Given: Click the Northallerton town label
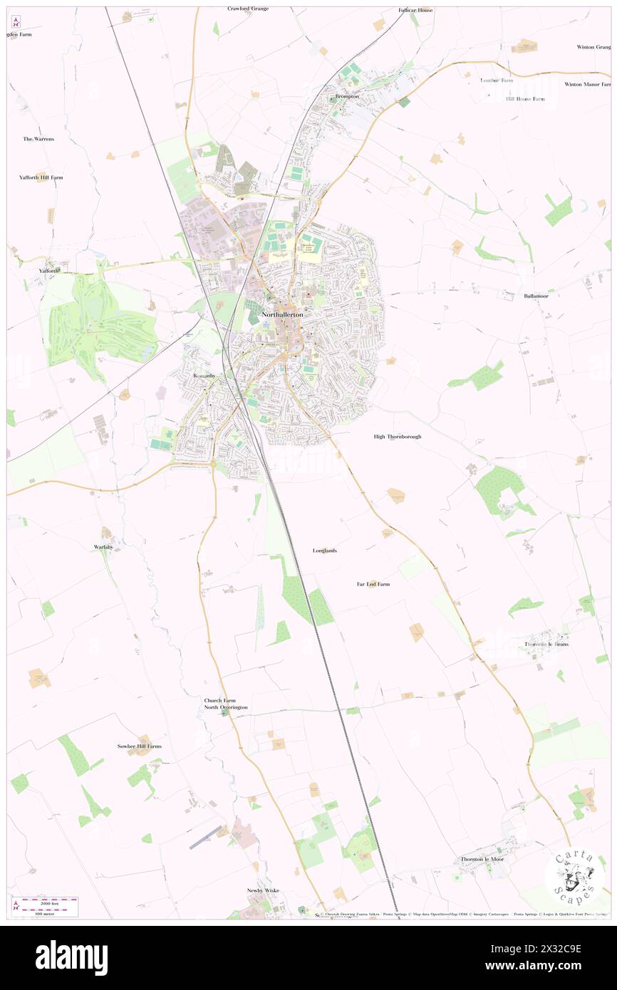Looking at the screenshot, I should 283,314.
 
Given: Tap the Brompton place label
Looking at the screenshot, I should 347,96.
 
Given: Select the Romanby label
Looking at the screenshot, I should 204,375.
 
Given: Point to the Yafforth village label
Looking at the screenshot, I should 51,271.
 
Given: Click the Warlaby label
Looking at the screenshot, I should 104,546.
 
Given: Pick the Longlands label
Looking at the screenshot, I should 325,551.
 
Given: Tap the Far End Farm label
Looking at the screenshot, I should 373,584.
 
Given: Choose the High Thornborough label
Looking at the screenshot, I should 397,436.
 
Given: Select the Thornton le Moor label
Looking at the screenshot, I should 482,859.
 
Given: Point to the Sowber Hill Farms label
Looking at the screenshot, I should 140,746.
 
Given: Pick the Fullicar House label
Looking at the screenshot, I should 415,11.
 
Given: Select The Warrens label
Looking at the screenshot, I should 38,139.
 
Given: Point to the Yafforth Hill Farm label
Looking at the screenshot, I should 41,177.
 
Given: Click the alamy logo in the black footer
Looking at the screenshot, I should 71,957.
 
